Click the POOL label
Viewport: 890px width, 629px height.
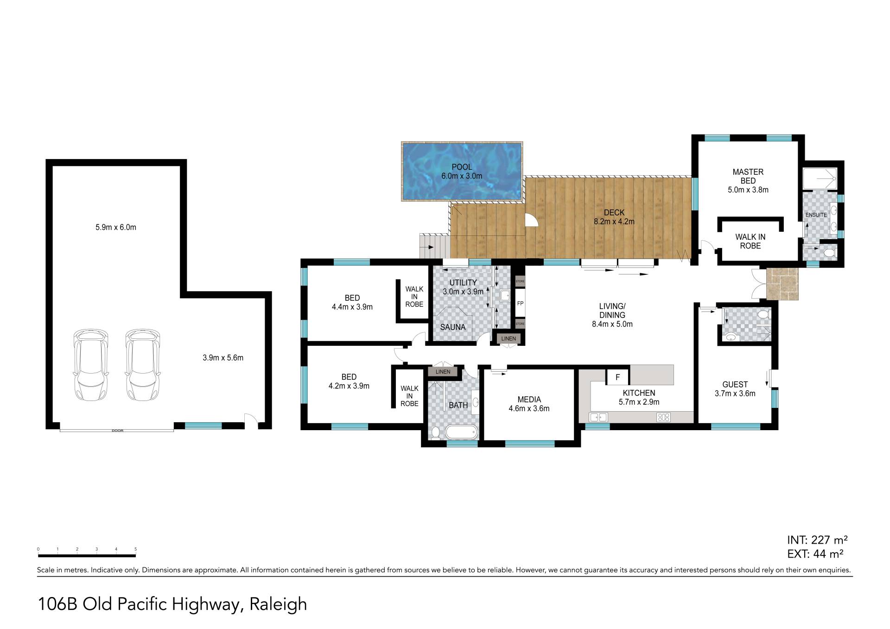(462, 167)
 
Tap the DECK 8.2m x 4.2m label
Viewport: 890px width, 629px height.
(614, 217)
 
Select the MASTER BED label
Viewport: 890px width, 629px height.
(748, 176)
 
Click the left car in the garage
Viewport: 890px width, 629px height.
(91, 365)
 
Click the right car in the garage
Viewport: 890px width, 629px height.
(143, 365)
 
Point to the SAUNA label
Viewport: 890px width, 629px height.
(453, 327)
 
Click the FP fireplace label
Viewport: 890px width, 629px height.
(520, 304)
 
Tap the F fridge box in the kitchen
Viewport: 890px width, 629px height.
(618, 377)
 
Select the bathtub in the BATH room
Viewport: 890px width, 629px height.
(461, 432)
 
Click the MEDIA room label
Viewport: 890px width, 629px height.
(529, 400)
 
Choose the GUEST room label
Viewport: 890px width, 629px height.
(735, 384)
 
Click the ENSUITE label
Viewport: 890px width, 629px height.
(816, 215)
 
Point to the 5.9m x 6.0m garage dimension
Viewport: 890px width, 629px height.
(116, 227)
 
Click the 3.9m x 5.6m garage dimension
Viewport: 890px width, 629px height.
(223, 357)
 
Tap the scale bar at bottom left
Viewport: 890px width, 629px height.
(87, 555)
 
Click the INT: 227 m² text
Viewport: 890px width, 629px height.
(817, 540)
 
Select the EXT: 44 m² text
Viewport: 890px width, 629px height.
(815, 553)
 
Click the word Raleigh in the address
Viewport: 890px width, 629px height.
(278, 604)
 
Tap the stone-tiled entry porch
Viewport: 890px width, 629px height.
(782, 284)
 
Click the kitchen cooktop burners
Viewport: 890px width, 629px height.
(663, 417)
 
